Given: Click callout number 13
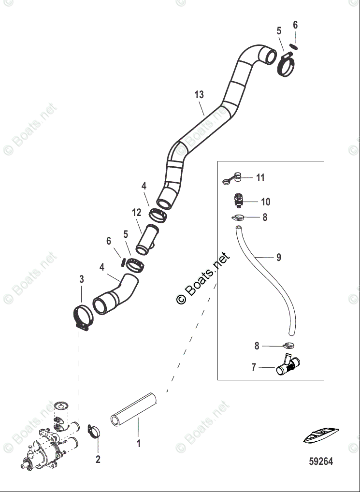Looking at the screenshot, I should point(200,95).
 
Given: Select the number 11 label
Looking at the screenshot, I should point(260,178).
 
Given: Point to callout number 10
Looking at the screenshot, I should point(265,202).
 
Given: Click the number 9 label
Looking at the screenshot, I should point(278,258).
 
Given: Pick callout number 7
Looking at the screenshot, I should point(254,368).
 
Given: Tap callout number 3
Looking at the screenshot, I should point(82,279).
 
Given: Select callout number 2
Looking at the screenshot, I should point(98,459).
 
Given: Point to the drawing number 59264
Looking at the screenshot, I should point(320,462).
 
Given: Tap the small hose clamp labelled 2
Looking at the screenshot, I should point(94,430).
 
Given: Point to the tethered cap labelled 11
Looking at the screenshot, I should point(233,178).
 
